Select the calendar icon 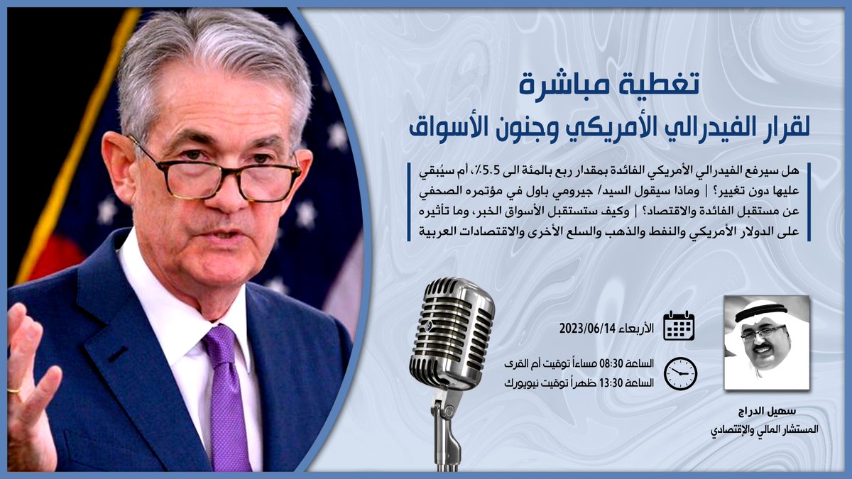click(x=679, y=325)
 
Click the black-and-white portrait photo click(x=766, y=342)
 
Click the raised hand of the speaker click(x=28, y=390)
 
